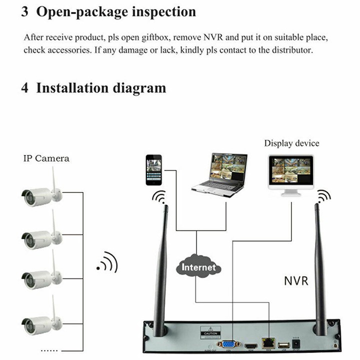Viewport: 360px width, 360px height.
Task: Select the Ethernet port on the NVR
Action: pos(269,343)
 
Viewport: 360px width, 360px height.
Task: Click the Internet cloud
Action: pos(199,267)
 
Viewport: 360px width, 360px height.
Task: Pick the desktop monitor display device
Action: pos(290,172)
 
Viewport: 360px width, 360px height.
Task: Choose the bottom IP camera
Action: pos(42,320)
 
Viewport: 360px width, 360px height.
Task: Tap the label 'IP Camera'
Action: pos(46,158)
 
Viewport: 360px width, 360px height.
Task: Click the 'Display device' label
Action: pos(291,143)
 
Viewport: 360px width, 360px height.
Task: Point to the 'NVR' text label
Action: pos(296,280)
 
